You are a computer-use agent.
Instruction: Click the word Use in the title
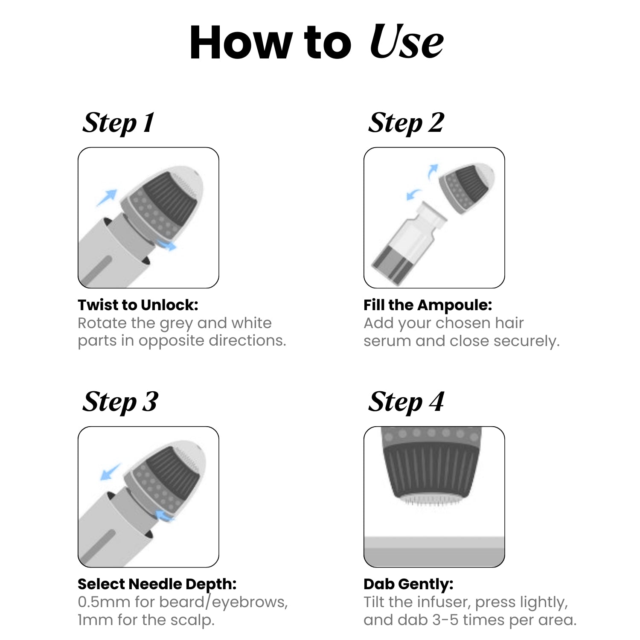[x=406, y=41]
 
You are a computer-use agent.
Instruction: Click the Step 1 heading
[x=118, y=123]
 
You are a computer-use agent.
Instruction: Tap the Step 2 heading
[x=406, y=123]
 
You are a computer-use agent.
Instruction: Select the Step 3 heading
[x=120, y=402]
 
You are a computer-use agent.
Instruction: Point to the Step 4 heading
[x=406, y=402]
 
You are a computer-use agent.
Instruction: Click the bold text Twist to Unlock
[x=138, y=305]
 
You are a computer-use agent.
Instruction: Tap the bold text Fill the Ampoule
[x=428, y=305]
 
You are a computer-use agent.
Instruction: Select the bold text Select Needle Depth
[x=157, y=584]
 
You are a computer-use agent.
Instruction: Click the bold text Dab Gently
[x=408, y=584]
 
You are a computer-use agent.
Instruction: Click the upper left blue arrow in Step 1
[x=107, y=198]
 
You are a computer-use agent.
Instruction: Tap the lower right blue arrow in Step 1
[x=166, y=245]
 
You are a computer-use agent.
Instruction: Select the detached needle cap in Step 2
[x=467, y=188]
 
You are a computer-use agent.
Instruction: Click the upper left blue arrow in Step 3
[x=110, y=472]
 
